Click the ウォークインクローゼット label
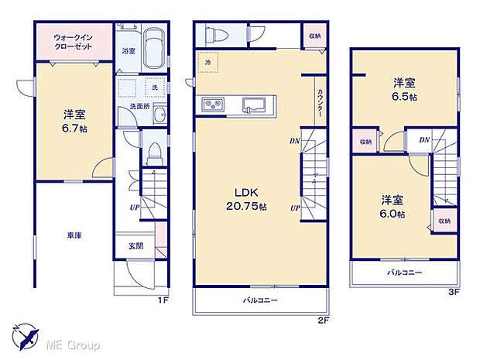pyautogui.click(x=74, y=40)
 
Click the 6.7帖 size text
pyautogui.click(x=75, y=129)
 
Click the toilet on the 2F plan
pyautogui.click(x=211, y=35)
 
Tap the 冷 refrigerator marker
pyautogui.click(x=208, y=62)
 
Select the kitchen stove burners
pyautogui.click(x=213, y=105)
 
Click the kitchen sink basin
pyautogui.click(x=253, y=105)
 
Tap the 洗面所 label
pyautogui.click(x=139, y=106)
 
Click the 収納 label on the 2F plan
pyautogui.click(x=313, y=35)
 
